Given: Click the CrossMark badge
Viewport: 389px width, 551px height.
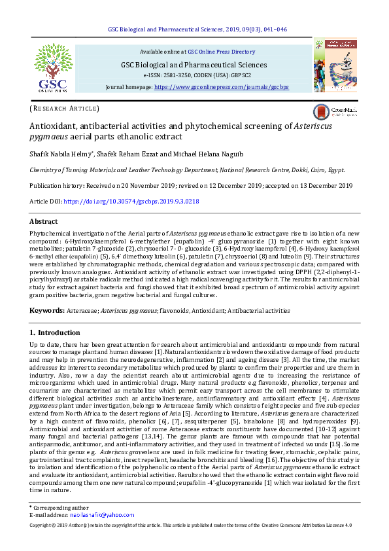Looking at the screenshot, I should (335, 111).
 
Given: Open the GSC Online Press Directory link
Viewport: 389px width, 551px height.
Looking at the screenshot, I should (221, 51).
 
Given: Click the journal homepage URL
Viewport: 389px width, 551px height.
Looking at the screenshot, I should (222, 86).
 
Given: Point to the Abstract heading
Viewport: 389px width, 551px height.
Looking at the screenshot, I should (44, 222).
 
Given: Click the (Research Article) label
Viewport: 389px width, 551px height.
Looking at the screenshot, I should (64, 108).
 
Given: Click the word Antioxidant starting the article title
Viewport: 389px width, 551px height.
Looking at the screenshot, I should (56, 126).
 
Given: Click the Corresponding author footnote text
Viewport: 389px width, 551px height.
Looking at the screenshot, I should (56, 526).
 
